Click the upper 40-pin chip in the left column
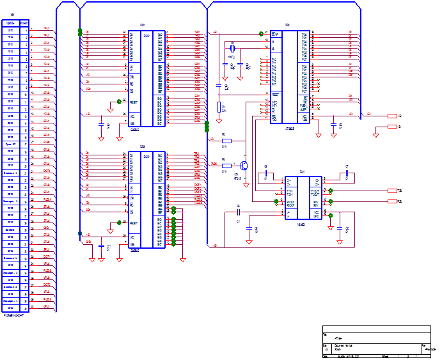click(x=147, y=78)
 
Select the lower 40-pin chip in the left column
click(x=147, y=200)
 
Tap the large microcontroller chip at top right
click(x=290, y=75)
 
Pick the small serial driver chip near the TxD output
click(x=304, y=198)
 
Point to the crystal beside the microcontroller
click(x=232, y=48)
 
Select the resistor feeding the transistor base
click(x=225, y=165)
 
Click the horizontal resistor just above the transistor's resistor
click(x=225, y=140)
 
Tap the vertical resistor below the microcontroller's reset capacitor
click(x=219, y=107)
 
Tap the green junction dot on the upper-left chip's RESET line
click(x=119, y=101)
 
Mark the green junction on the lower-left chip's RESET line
click(x=119, y=223)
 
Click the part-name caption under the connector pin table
click(x=16, y=315)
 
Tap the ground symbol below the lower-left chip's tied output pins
click(x=182, y=259)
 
